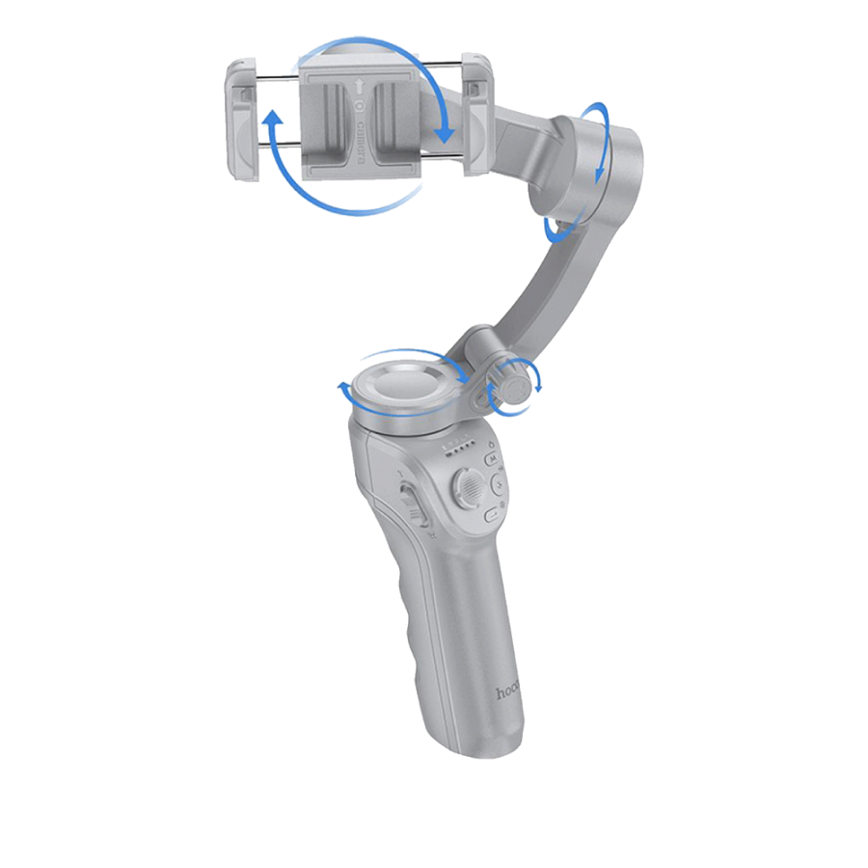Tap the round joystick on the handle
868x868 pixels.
tap(467, 486)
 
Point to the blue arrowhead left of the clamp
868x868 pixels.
tap(273, 119)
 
